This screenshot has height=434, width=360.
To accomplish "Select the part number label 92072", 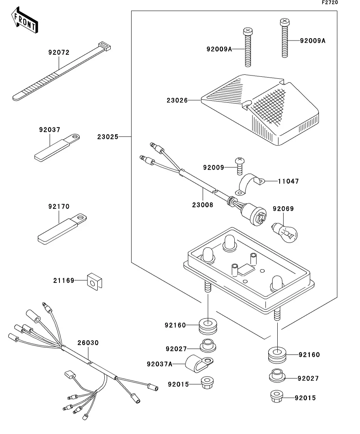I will pyautogui.click(x=59, y=52).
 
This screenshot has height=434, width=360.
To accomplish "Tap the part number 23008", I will pyautogui.click(x=203, y=205).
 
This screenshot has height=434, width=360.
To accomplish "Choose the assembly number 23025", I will pyautogui.click(x=108, y=137).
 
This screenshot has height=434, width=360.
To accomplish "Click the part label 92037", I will pyautogui.click(x=49, y=129).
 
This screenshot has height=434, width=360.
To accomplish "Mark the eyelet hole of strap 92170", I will pyautogui.click(x=82, y=216).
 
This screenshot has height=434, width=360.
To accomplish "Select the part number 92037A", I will pyautogui.click(x=160, y=364).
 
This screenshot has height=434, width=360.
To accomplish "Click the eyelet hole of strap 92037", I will pyautogui.click(x=76, y=137).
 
